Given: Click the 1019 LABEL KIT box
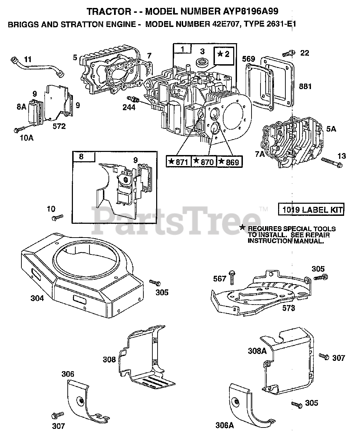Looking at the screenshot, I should coord(311,210).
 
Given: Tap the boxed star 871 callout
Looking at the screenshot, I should coord(179,161).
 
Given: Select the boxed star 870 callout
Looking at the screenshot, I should coord(204,161).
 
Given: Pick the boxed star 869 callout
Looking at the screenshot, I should coord(229,161).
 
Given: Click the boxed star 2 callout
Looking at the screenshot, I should coord(224,55).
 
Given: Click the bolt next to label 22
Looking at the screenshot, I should coord(288,53).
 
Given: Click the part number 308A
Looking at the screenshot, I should coord(257,351).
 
